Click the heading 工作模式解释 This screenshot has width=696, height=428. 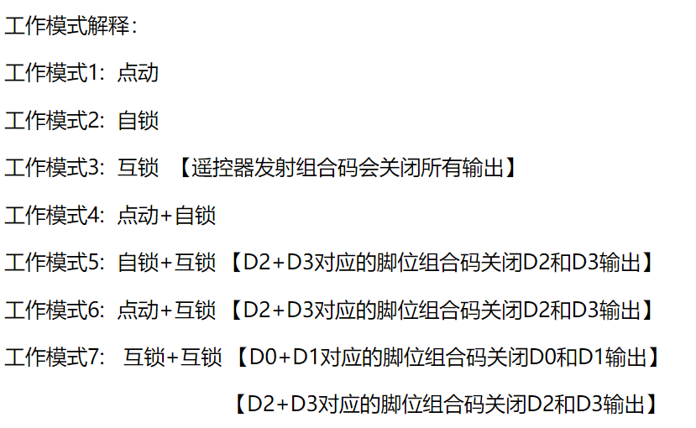pos(67,26)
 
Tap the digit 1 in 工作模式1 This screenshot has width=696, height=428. pos(94,73)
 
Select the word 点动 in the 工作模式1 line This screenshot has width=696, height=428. pos(138,73)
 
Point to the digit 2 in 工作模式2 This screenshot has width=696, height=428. pos(94,121)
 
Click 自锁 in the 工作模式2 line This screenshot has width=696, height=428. pos(138,121)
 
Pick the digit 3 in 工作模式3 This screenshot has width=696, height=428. pos(94,168)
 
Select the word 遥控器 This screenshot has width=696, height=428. pos(222,168)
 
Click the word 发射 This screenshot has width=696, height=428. pos(275,168)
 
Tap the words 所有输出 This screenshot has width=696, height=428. pos(462,168)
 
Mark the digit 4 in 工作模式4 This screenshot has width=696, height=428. pos(94,216)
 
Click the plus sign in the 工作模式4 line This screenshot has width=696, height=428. pos(166,216)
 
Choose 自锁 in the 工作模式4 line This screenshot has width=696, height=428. pos(196,216)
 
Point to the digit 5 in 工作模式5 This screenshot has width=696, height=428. pos(94,263)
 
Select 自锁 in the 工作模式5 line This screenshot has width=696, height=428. pos(138,263)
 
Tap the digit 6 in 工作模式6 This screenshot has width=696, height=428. pos(94,310)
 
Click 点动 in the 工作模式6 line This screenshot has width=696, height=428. pos(138,310)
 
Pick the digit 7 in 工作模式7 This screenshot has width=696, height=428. pos(94,358)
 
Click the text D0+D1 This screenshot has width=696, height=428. pos(285,358)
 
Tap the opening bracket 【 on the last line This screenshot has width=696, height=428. pos(239,405)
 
